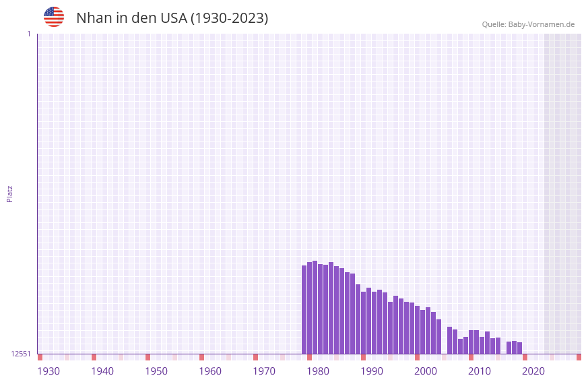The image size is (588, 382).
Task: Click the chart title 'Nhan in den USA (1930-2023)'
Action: click(x=172, y=18)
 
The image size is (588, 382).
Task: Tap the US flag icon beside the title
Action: click(x=54, y=17)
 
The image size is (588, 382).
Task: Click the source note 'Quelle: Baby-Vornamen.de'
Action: click(x=528, y=24)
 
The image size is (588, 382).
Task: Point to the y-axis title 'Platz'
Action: click(x=9, y=193)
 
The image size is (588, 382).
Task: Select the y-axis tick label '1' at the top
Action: click(x=28, y=34)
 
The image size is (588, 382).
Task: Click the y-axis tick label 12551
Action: click(x=21, y=354)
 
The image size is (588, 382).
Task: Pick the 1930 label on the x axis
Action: click(x=48, y=371)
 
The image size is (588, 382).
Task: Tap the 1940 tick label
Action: click(x=102, y=371)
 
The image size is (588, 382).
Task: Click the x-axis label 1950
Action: click(x=156, y=371)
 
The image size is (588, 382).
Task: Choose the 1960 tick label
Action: click(x=210, y=371)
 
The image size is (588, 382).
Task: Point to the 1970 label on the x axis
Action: click(x=264, y=371)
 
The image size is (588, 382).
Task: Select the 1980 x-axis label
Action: click(x=318, y=371)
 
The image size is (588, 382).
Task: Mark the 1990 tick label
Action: click(x=372, y=371)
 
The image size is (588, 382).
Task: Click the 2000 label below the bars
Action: click(x=426, y=371)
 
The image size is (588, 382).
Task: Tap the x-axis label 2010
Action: click(x=480, y=371)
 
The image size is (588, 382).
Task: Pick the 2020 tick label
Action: click(x=533, y=371)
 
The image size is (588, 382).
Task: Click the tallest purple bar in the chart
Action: click(x=315, y=307)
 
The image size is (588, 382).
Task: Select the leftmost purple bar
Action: click(x=304, y=310)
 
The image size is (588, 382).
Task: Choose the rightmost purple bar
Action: click(x=519, y=348)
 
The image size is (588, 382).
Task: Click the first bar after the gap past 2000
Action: click(x=449, y=340)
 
